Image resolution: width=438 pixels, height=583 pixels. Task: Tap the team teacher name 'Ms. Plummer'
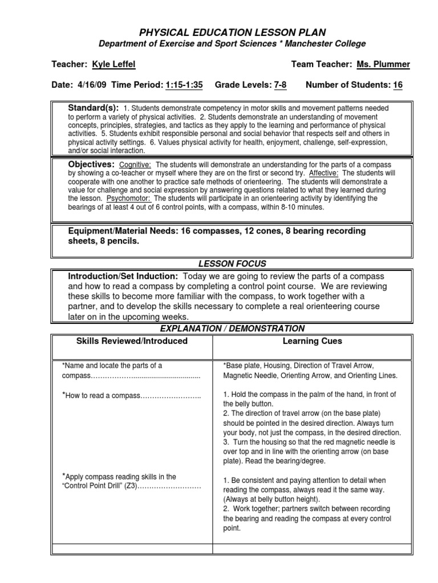pos(383,65)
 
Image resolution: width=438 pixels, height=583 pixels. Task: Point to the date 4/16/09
pos(90,85)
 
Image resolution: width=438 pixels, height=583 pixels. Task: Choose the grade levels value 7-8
pos(280,85)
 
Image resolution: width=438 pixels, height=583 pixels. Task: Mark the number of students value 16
pos(398,85)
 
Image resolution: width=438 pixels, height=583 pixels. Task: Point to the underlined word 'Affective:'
pos(323,173)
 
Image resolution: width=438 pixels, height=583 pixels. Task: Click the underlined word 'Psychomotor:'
pos(132,198)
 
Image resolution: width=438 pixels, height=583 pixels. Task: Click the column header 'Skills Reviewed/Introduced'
pos(132,341)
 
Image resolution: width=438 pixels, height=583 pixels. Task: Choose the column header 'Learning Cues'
pos(320,341)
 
